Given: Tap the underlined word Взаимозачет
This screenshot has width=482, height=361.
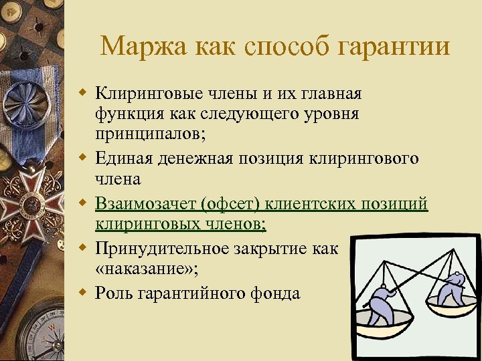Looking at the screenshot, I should click(147, 203).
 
